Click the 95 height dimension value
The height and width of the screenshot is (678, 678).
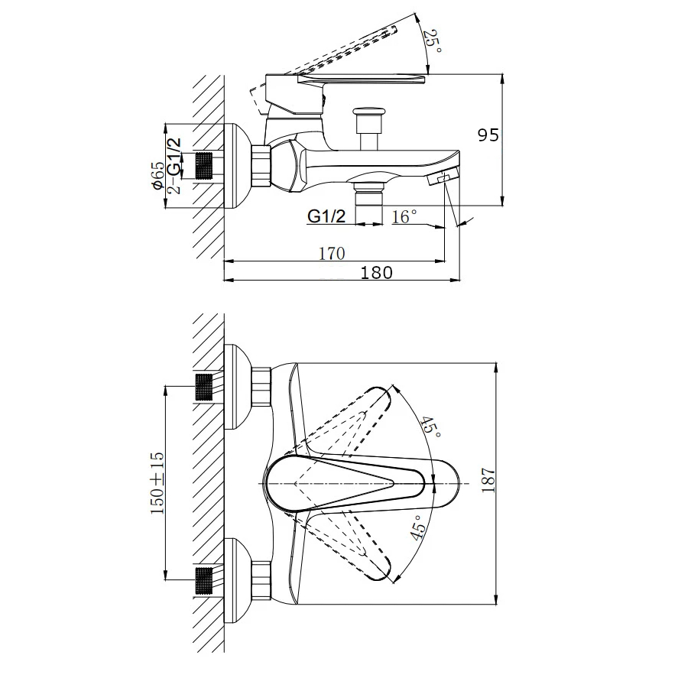coord(488,135)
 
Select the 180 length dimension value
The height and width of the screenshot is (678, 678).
coord(376,273)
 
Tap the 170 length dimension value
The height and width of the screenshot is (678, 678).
coord(332,254)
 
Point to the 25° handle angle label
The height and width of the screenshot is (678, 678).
coord(433,41)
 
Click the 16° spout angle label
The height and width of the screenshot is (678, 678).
coord(404,216)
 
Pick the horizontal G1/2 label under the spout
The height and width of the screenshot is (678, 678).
coord(326,216)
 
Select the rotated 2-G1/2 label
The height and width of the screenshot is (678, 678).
coord(174,167)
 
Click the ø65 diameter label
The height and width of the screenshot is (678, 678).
coord(157,175)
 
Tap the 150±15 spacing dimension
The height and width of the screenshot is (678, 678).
coord(157,483)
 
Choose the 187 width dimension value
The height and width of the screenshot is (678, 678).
coord(488,479)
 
